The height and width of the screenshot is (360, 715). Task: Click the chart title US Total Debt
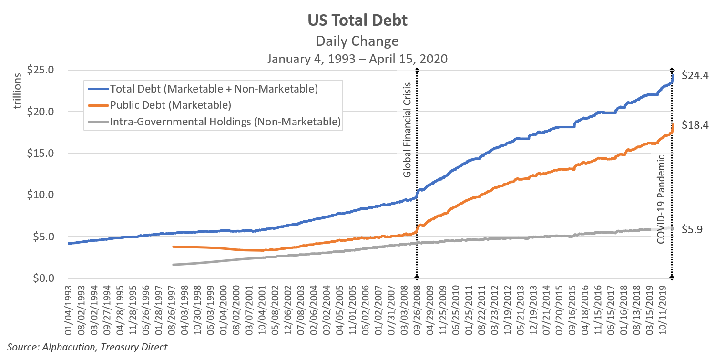click(357, 21)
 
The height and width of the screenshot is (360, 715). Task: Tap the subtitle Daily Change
click(357, 41)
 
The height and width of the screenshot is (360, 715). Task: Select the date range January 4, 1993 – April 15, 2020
click(357, 59)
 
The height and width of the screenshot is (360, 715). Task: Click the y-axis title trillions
click(18, 92)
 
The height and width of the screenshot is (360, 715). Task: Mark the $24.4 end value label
click(695, 75)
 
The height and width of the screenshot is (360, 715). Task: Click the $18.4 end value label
click(695, 125)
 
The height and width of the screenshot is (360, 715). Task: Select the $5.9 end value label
click(692, 230)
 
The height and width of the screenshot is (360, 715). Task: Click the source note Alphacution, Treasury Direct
click(87, 347)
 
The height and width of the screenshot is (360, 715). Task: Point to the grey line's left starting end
click(174, 264)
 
